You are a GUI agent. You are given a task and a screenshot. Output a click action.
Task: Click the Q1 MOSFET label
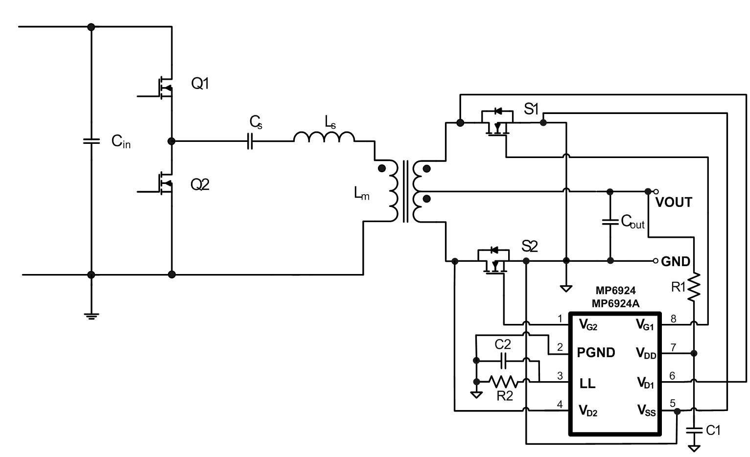[x=200, y=83]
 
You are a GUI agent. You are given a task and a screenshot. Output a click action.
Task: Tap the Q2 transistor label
[x=200, y=184]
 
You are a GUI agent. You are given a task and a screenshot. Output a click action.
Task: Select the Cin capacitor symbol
[x=91, y=141]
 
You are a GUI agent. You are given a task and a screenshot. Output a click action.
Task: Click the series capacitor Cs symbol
[x=250, y=141]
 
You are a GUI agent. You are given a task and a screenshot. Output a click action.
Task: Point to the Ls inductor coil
[x=324, y=137]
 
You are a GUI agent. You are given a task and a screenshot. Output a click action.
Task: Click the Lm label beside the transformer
[x=362, y=193]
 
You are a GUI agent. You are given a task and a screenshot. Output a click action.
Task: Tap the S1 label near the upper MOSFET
[x=531, y=109]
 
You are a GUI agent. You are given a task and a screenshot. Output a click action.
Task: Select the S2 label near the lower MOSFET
[x=529, y=247]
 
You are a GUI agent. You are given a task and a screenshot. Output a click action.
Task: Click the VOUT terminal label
[x=673, y=202]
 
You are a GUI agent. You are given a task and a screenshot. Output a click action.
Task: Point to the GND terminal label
[x=675, y=261]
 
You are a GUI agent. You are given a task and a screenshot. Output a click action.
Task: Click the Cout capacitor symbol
[x=610, y=222]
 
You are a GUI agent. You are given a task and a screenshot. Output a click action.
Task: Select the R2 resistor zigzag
[x=504, y=381]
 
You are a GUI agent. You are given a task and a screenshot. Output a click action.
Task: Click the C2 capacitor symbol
[x=503, y=361]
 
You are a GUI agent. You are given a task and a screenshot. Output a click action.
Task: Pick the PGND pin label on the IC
[x=596, y=352]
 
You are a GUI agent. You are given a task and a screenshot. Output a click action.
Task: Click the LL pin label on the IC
[x=587, y=384]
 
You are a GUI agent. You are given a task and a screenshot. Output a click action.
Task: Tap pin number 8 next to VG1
[x=673, y=319]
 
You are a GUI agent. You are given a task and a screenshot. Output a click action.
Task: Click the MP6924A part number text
[x=616, y=303]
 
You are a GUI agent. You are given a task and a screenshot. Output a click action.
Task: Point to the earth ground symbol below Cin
[x=92, y=316]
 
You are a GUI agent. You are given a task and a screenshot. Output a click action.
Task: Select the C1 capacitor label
[x=713, y=430]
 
